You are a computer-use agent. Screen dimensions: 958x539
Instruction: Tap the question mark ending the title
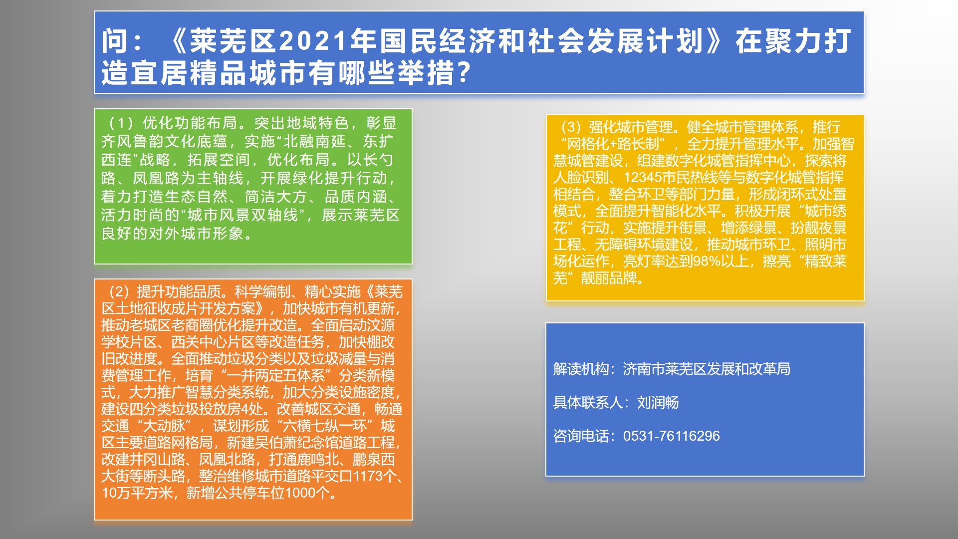464,73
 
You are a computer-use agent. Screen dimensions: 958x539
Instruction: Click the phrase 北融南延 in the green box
314,141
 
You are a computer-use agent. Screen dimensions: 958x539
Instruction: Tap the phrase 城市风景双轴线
243,215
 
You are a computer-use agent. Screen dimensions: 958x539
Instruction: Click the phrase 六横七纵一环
325,426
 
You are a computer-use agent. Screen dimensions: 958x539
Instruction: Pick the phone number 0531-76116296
672,436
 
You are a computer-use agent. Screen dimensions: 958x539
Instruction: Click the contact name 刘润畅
658,402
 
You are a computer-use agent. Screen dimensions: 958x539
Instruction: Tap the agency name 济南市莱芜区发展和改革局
707,369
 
